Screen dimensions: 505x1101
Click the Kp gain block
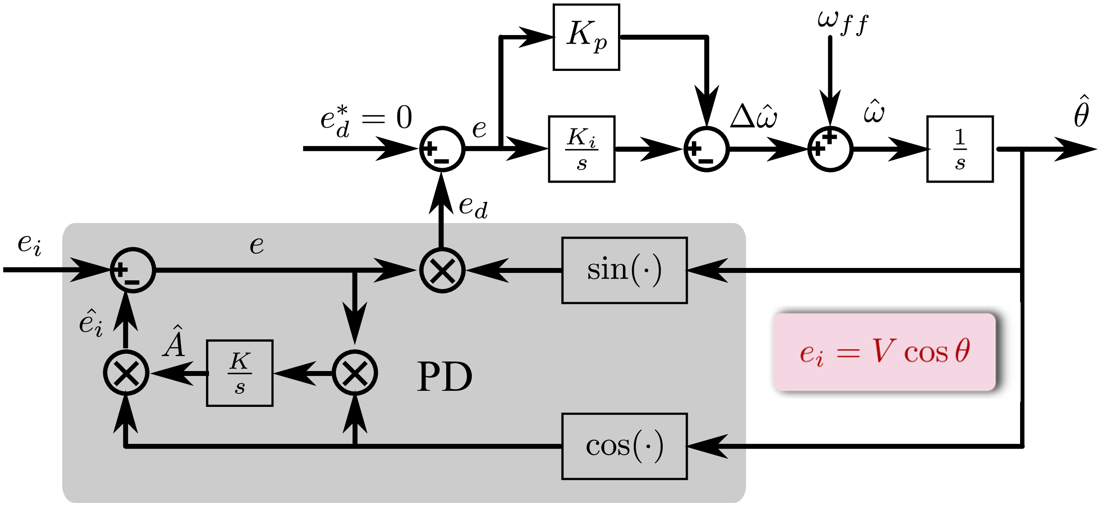point(586,37)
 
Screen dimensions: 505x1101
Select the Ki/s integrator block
point(581,149)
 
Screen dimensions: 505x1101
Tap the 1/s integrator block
point(959,149)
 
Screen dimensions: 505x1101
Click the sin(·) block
point(624,270)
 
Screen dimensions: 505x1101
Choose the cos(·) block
point(624,446)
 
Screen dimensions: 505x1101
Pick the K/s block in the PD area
point(239,373)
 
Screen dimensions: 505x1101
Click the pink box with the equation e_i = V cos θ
point(884,352)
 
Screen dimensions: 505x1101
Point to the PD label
point(445,377)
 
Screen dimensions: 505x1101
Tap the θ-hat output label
point(1081,112)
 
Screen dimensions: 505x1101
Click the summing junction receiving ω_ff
point(830,149)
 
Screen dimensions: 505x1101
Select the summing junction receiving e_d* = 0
point(442,149)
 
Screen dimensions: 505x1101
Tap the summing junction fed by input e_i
point(133,270)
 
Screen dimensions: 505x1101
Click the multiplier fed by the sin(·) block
point(442,270)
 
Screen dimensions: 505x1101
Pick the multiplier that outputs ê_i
point(126,373)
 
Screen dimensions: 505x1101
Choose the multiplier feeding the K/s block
point(355,373)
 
